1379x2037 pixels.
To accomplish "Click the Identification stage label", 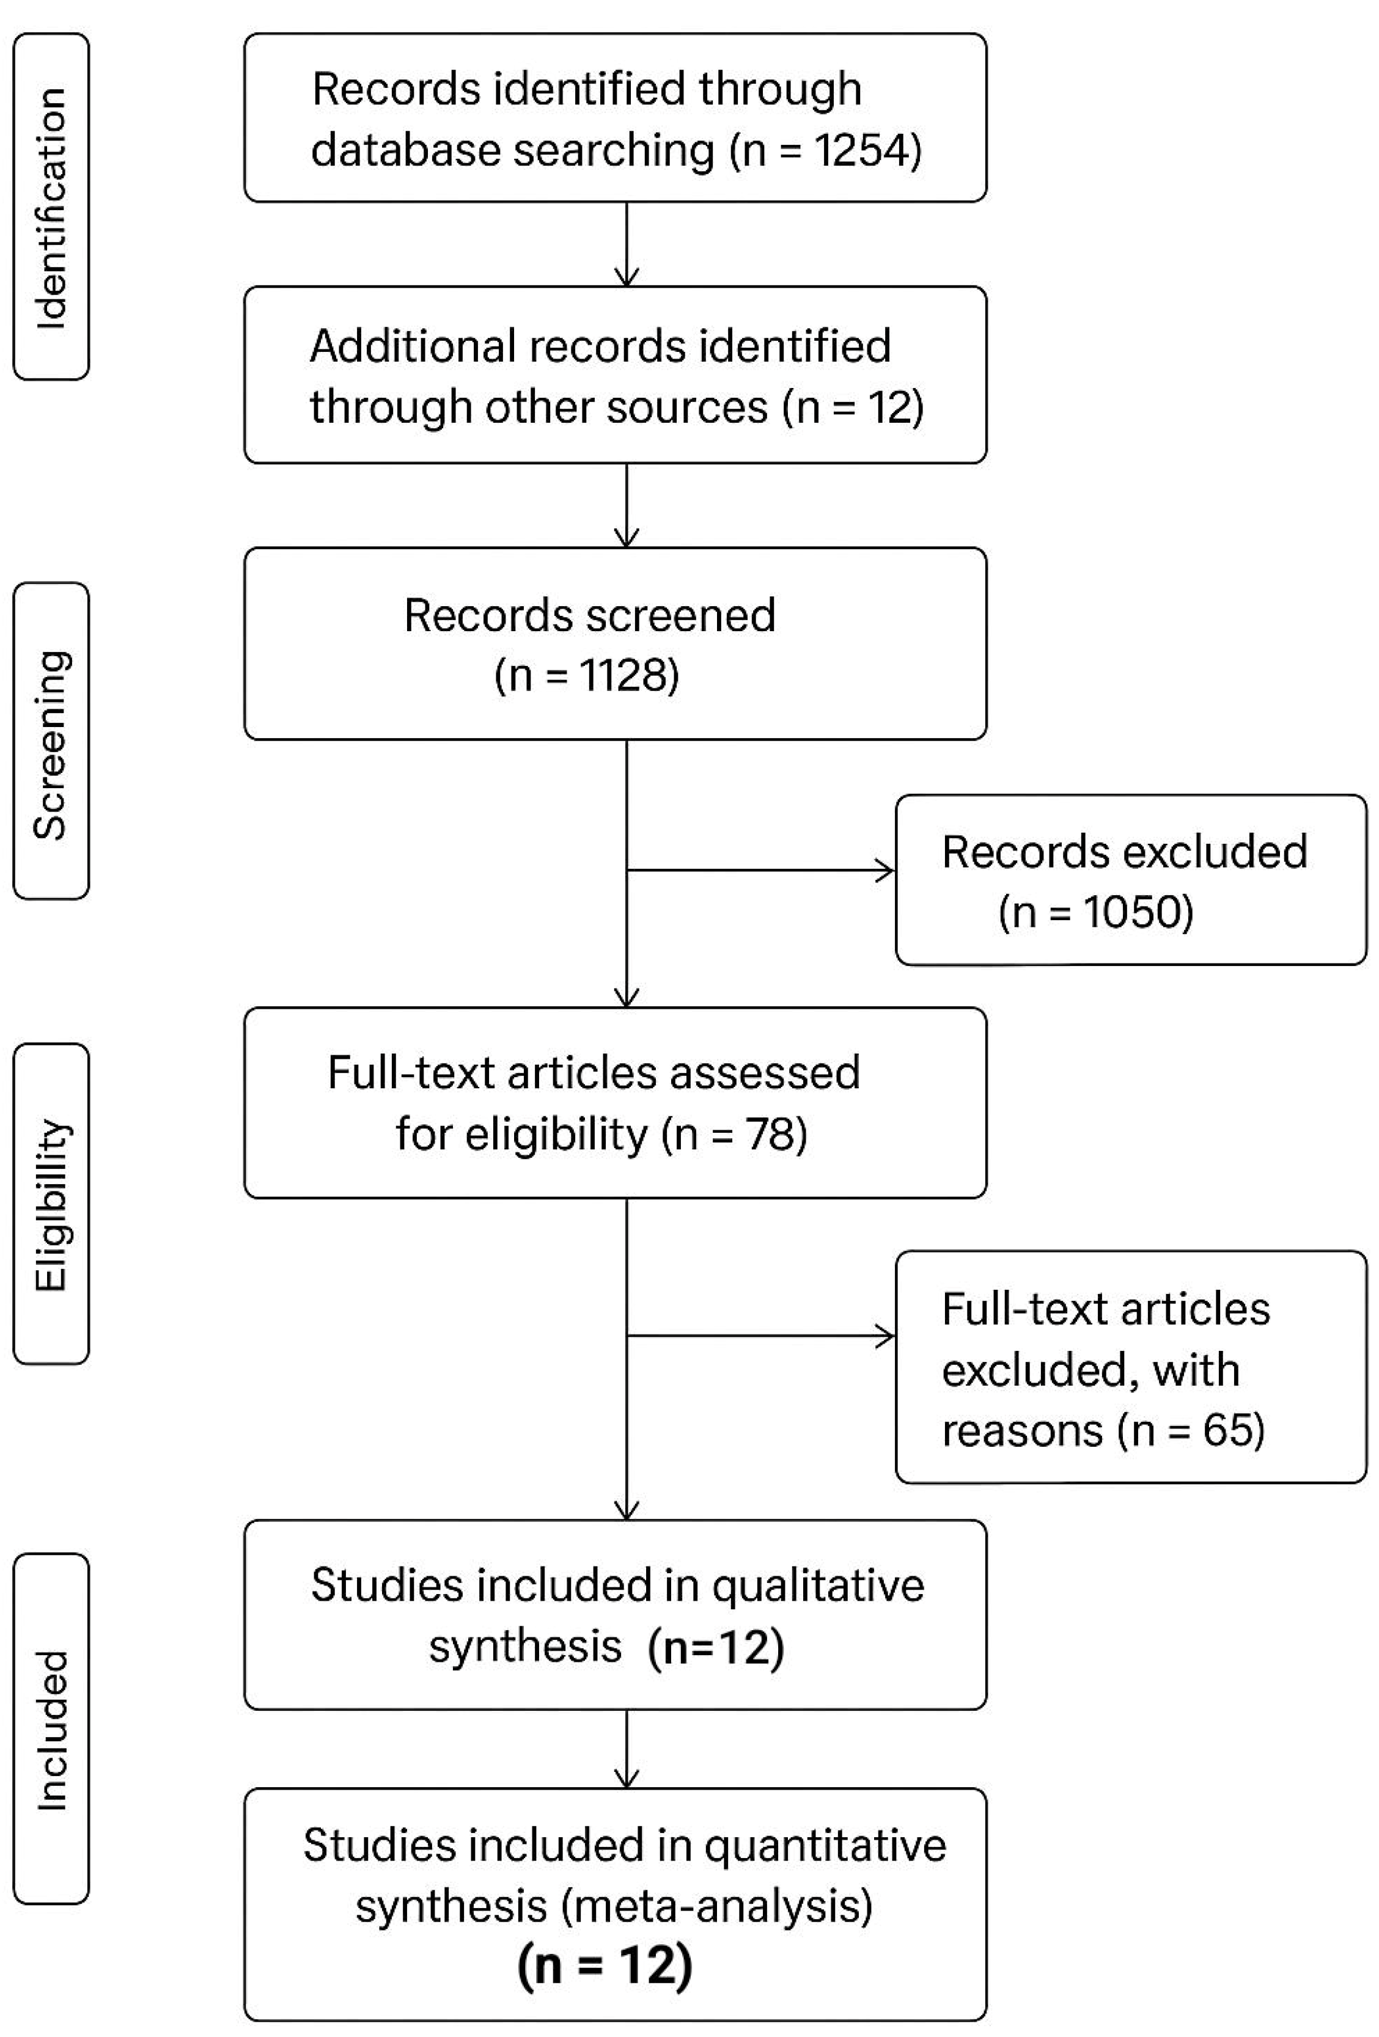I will [51, 207].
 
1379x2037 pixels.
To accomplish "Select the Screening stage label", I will [51, 744].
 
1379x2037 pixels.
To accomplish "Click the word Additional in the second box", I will [412, 346].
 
